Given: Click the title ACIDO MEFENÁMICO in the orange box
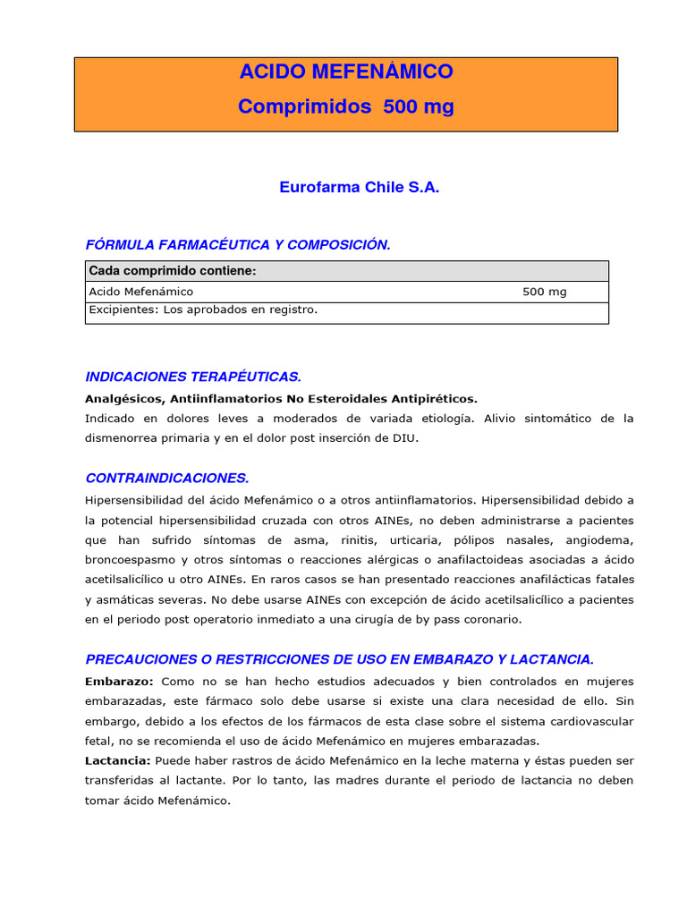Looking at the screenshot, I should point(345,72).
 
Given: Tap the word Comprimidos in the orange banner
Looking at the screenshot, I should point(304,106).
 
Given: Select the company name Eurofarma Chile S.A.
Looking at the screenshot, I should point(360,188).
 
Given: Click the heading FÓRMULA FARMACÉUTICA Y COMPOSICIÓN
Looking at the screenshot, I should point(238,245).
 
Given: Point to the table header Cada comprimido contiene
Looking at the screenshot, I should point(173,271).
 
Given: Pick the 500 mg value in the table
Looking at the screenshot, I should point(544,292).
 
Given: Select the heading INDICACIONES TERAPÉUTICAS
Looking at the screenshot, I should point(193,377).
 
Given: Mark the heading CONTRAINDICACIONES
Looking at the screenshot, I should point(167,479).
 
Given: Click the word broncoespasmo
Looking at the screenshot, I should point(130,560).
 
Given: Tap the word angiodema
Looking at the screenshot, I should point(600,540).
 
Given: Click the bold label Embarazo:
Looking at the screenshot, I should point(119,682).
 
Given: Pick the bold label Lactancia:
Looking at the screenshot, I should point(118,760).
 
